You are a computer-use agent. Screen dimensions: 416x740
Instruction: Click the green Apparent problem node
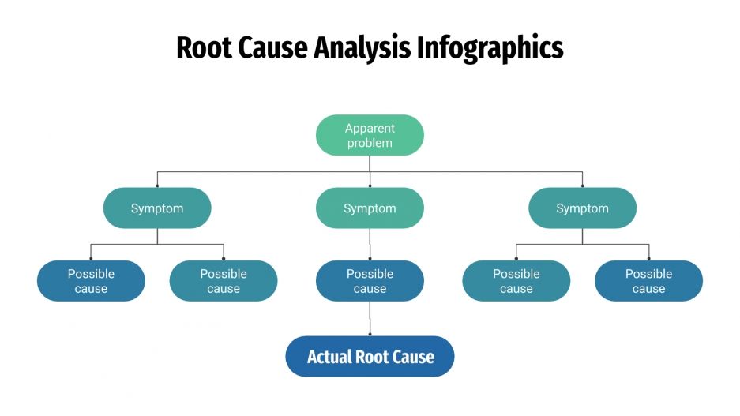370,135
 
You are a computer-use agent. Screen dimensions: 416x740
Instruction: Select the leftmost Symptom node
157,208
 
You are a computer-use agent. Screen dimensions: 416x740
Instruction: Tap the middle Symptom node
370,208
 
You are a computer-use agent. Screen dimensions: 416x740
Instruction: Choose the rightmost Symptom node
582,208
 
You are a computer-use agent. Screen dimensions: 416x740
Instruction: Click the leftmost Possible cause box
91,281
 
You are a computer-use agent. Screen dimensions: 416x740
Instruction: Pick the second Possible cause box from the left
224,281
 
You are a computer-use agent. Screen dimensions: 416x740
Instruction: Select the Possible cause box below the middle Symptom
370,281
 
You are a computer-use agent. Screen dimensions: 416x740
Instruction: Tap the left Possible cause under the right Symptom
516,281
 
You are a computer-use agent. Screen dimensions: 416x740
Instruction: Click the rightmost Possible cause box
648,281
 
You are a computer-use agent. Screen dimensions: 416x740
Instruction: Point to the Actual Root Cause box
370,357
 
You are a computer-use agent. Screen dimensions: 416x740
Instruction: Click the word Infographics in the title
490,48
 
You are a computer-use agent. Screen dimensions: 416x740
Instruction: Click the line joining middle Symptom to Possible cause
370,244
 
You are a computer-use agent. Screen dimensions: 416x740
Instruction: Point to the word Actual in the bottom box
329,357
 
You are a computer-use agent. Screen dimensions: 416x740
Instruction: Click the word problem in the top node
370,143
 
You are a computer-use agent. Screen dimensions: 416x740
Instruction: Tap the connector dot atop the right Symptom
582,186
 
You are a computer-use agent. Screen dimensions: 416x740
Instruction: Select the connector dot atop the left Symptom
157,186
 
